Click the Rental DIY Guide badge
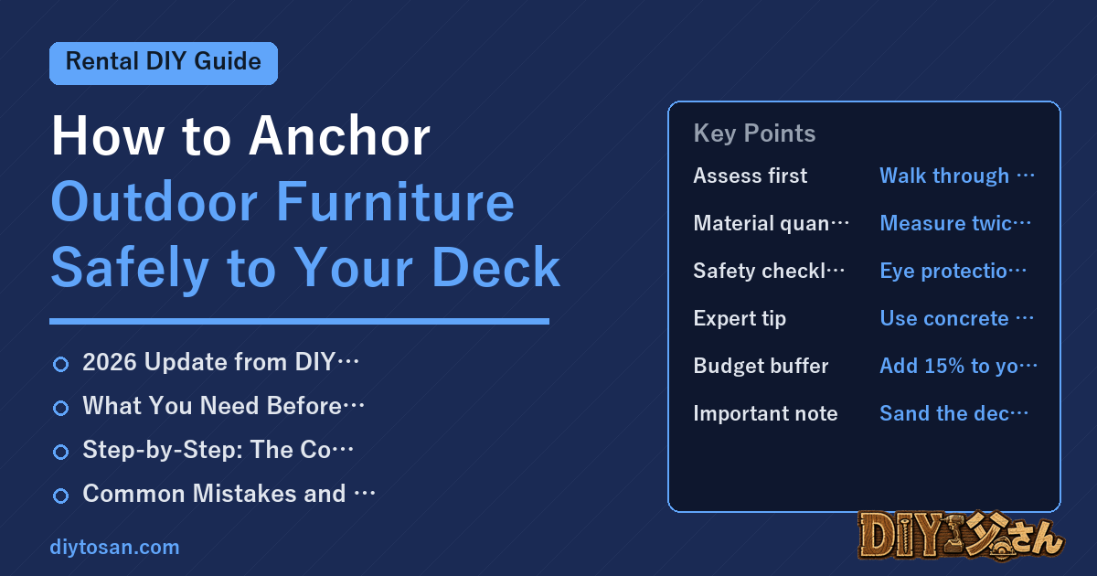[x=164, y=63]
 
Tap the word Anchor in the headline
[x=339, y=136]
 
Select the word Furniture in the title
[x=395, y=202]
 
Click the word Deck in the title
[x=495, y=267]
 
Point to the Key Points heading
[x=754, y=133]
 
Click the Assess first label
[x=751, y=176]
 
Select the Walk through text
[x=944, y=176]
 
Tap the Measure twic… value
[x=955, y=223]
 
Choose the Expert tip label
[x=740, y=318]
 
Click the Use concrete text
[x=944, y=318]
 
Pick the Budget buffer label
[x=761, y=366]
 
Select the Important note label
[x=765, y=413]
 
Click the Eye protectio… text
[x=953, y=271]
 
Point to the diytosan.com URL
[x=114, y=547]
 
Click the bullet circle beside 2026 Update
[x=60, y=364]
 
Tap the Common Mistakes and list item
[x=229, y=493]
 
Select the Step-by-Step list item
[x=218, y=450]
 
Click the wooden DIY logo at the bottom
[x=961, y=536]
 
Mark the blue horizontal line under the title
[x=299, y=321]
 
